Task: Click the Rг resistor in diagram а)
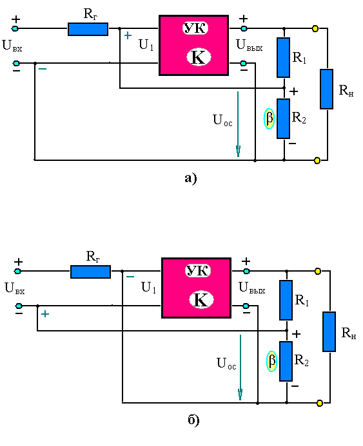click(88, 30)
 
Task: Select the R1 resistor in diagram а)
click(283, 57)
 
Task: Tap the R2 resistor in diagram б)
click(286, 361)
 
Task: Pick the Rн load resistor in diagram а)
click(326, 89)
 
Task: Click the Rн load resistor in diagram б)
click(329, 331)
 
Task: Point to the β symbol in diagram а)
click(269, 118)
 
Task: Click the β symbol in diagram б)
click(271, 361)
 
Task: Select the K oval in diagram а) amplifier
click(199, 57)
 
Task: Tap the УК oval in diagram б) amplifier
click(198, 270)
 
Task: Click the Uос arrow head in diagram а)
click(238, 151)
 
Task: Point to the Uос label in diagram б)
click(226, 363)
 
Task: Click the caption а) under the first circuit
click(191, 178)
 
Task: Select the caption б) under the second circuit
click(193, 420)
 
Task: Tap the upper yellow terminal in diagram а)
click(315, 28)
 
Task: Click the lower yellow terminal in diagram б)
click(320, 403)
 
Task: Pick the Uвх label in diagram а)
click(12, 46)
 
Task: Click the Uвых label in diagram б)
click(252, 288)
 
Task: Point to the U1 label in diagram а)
click(146, 45)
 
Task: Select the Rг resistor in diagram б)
click(90, 272)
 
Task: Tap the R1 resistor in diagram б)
click(286, 300)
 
